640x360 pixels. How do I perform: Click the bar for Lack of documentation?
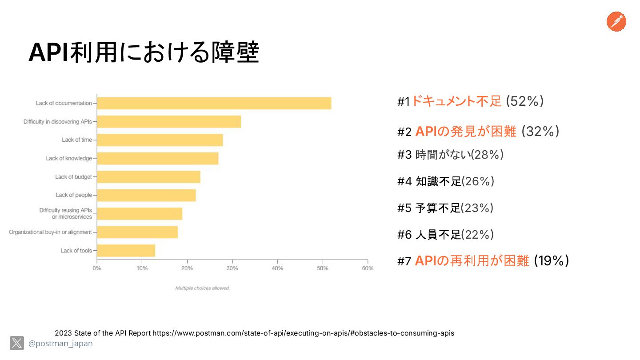click(214, 103)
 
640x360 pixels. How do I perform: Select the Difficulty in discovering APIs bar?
click(169, 121)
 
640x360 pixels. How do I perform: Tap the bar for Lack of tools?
click(126, 251)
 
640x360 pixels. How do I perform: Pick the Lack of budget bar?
click(148, 177)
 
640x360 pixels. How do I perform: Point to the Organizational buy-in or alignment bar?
click(137, 232)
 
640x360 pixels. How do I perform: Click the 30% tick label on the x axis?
click(232, 268)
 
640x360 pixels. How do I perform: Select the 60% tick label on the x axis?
click(368, 268)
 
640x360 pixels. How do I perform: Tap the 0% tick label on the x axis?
click(96, 268)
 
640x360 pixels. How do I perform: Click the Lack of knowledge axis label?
click(69, 158)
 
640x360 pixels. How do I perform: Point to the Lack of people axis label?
click(74, 195)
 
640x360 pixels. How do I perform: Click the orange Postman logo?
click(616, 22)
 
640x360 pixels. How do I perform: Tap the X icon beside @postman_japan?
click(17, 343)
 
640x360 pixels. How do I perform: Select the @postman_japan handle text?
click(60, 344)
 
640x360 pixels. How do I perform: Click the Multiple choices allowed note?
click(202, 288)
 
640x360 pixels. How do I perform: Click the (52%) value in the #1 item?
click(525, 101)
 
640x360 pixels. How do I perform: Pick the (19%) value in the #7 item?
click(551, 261)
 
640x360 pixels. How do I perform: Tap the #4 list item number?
click(404, 181)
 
